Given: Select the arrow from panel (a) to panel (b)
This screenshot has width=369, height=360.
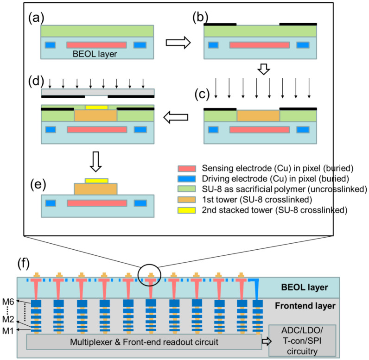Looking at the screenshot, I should (178, 43).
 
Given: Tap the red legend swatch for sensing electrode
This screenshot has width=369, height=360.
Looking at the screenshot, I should (188, 167).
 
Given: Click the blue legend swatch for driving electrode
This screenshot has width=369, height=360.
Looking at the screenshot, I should (188, 177).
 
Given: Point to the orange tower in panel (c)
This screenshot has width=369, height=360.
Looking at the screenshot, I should (258, 116).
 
